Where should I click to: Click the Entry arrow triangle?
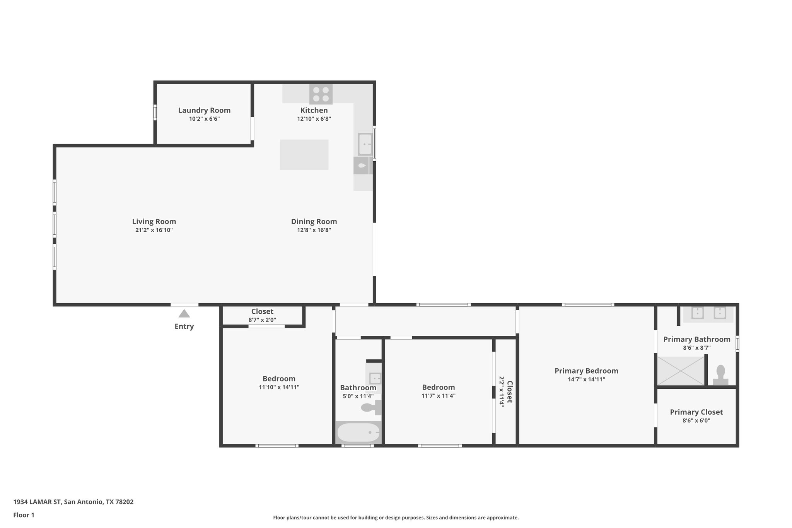[x=184, y=313]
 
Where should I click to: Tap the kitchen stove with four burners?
[x=321, y=94]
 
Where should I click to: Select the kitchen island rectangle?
[x=304, y=155]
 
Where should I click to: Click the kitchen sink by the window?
[x=365, y=144]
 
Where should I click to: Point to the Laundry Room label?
[x=204, y=110]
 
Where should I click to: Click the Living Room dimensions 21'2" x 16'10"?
[x=154, y=230]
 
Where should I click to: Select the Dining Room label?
[x=314, y=222]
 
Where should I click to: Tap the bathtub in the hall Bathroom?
[x=358, y=432]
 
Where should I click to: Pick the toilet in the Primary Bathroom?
[x=720, y=375]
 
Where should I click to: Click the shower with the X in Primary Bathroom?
[x=681, y=371]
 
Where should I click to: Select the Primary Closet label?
[x=696, y=412]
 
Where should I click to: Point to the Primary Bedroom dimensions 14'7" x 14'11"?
[x=586, y=379]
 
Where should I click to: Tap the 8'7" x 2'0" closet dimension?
[x=262, y=320]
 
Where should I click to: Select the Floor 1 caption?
[x=24, y=515]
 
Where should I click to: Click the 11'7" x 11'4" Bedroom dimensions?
[x=438, y=396]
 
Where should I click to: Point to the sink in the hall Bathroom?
[x=375, y=378]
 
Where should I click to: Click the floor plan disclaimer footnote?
[x=396, y=518]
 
